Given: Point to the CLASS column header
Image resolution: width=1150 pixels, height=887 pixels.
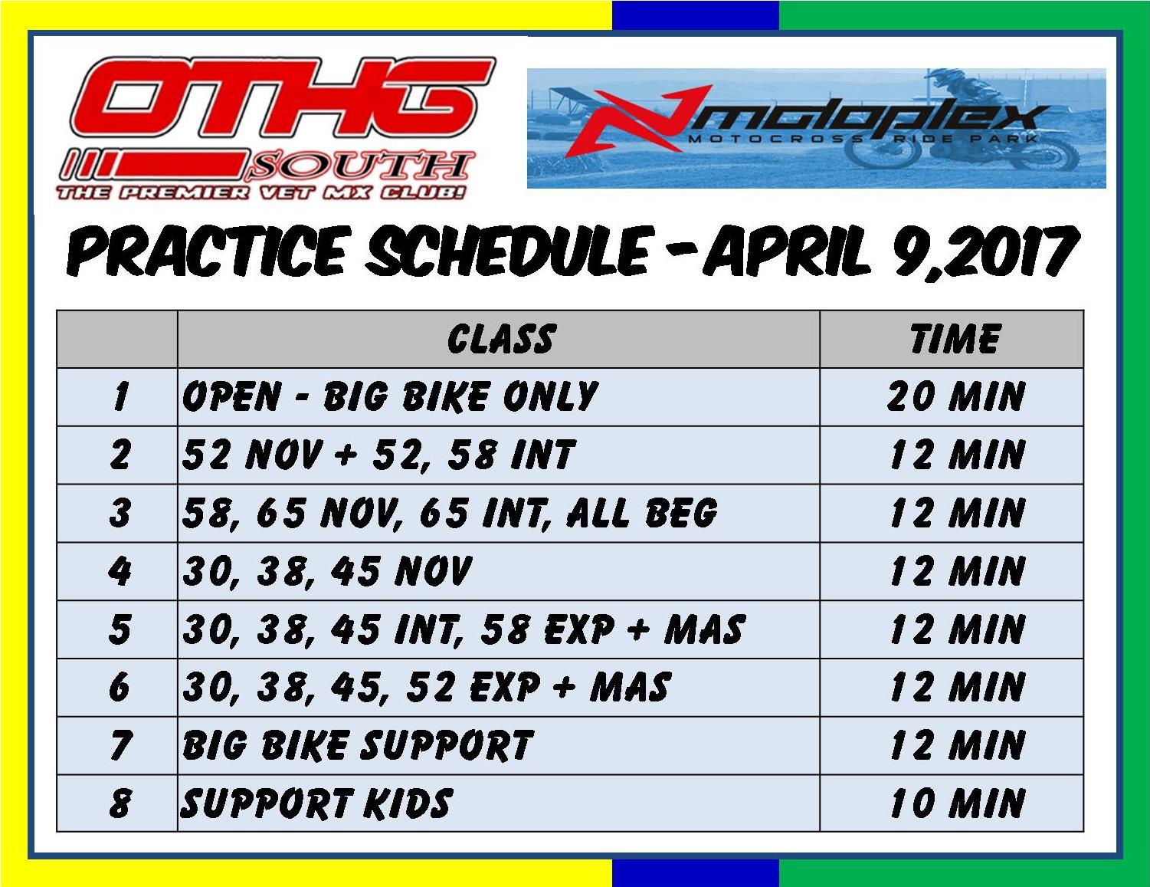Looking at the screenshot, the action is pyautogui.click(x=500, y=339).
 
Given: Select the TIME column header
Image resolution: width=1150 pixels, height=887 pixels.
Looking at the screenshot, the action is pyautogui.click(x=955, y=339).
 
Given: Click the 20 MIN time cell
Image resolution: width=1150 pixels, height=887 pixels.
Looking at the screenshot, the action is pyautogui.click(x=955, y=396).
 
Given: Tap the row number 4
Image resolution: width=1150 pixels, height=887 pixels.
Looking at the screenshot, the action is pyautogui.click(x=120, y=571).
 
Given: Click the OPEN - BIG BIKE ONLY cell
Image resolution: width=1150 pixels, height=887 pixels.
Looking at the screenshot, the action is pyautogui.click(x=390, y=396).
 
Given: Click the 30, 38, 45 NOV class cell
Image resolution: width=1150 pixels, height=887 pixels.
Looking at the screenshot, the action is pyautogui.click(x=327, y=571).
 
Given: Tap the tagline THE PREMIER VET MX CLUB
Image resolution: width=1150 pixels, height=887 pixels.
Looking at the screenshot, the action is pyautogui.click(x=261, y=191).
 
